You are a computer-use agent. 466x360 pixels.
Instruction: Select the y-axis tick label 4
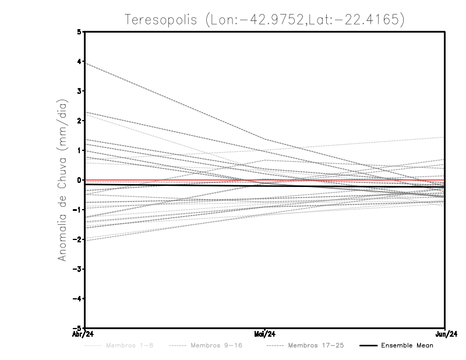click(x=80, y=61)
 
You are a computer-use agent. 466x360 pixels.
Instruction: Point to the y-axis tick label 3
click(x=80, y=91)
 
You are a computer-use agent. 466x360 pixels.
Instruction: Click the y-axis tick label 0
click(x=80, y=180)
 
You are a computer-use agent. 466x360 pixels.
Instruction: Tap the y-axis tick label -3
click(x=78, y=269)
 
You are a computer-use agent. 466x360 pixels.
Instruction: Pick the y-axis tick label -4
click(x=78, y=299)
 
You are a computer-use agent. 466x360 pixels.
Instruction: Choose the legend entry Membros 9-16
click(x=216, y=346)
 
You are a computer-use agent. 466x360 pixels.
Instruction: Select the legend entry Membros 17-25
click(x=316, y=346)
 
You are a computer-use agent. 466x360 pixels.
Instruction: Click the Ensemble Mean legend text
click(x=407, y=346)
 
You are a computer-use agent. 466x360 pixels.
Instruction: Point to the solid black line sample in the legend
click(x=368, y=346)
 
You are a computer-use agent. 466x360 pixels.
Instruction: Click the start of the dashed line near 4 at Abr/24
click(x=86, y=63)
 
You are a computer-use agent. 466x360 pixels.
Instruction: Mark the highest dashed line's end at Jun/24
click(x=444, y=137)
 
